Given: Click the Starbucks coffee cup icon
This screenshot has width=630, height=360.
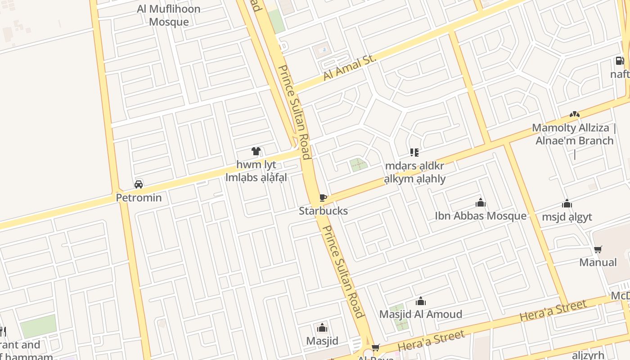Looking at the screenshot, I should click(x=322, y=198).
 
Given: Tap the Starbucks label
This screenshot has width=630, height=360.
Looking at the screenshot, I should click(x=323, y=211).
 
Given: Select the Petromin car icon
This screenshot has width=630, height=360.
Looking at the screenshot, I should click(x=139, y=184).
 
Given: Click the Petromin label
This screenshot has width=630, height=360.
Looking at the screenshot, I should click(x=139, y=198).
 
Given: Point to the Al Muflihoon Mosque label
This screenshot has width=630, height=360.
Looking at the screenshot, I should click(x=168, y=15).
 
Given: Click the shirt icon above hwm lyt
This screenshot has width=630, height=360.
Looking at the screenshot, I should click(x=256, y=151).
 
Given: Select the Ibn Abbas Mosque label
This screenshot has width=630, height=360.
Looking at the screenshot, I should click(x=480, y=216).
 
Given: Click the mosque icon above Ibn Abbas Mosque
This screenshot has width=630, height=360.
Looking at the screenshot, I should click(x=481, y=203).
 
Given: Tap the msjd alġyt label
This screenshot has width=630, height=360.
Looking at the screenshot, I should click(x=567, y=217).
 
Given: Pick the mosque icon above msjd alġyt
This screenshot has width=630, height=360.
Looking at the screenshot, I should click(x=567, y=204).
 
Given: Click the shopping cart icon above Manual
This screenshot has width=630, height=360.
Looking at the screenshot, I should click(x=598, y=249).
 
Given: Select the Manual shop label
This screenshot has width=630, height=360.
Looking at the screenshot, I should click(x=598, y=262).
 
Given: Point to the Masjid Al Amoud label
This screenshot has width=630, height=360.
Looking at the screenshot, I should click(x=420, y=314).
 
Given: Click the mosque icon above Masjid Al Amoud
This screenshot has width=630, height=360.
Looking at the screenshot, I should click(x=421, y=301).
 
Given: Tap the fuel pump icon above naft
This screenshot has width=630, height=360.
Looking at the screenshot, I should click(x=620, y=61).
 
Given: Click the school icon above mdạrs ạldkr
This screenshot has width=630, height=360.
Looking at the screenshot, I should click(x=414, y=153).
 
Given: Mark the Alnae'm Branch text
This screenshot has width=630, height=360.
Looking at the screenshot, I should click(x=574, y=141).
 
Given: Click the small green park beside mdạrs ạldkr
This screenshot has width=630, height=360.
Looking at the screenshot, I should click(x=359, y=165).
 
